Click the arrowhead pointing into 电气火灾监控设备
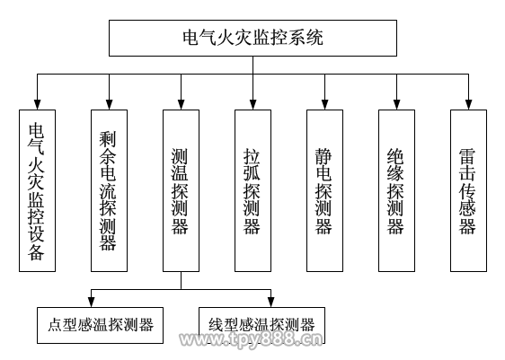click(38, 105)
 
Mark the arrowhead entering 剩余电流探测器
click(110, 105)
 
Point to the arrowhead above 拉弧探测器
click(252, 105)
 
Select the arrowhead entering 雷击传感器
click(468, 105)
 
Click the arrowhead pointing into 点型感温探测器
click(91, 303)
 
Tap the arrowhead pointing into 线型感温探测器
click(270, 303)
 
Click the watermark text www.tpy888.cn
click(251, 339)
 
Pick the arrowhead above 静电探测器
click(324, 105)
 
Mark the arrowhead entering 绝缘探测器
click(396, 105)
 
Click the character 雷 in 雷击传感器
click(467, 157)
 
